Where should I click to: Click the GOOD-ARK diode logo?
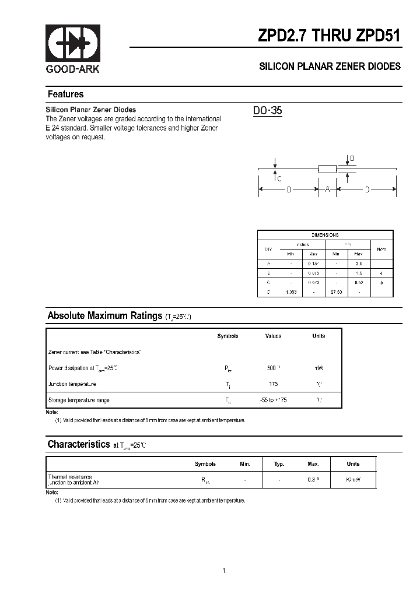click(73, 44)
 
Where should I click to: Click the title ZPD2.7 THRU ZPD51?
click(329, 36)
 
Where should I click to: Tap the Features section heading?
click(65, 94)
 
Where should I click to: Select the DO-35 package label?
click(268, 111)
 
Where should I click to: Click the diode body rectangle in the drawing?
click(327, 168)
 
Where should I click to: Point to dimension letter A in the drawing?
click(327, 189)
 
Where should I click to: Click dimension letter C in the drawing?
click(279, 179)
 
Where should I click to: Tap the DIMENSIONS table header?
click(325, 234)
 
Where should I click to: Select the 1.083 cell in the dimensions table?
click(290, 292)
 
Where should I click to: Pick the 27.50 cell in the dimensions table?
click(337, 292)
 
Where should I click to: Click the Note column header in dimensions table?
click(381, 249)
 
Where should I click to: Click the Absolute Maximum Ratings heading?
click(104, 316)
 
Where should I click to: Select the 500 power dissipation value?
click(272, 368)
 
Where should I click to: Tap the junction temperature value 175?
click(274, 384)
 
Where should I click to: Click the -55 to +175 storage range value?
click(274, 400)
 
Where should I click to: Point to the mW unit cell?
click(318, 368)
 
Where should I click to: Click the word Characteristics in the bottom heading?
click(78, 444)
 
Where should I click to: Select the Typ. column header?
click(279, 464)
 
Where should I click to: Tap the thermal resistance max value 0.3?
click(312, 479)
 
